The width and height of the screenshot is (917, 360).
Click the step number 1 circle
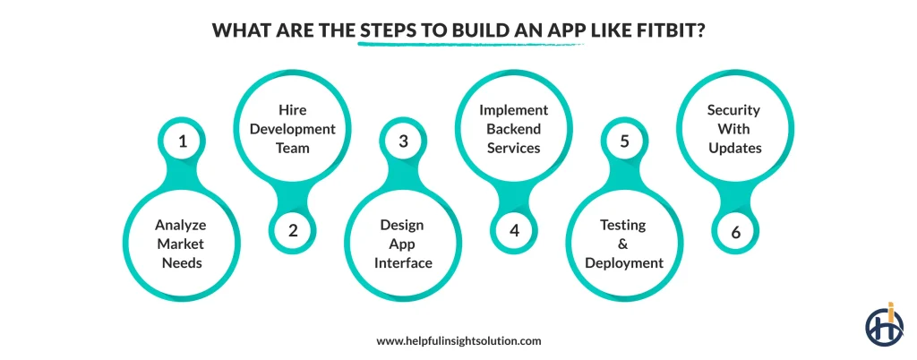click(183, 141)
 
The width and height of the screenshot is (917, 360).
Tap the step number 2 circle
click(293, 230)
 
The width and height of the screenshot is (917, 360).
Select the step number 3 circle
click(403, 141)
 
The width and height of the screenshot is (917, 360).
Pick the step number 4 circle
click(514, 230)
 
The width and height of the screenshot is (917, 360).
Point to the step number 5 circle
click(624, 141)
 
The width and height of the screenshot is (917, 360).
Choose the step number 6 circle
click(735, 230)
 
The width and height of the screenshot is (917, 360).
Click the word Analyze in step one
click(182, 225)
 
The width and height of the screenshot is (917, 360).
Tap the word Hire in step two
click(292, 111)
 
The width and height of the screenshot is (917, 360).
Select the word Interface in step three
click(402, 262)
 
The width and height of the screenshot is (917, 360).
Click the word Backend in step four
click(513, 129)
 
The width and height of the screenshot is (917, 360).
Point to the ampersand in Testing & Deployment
click(623, 244)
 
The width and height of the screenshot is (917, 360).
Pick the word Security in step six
click(733, 110)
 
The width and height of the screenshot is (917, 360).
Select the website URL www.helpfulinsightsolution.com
click(458, 340)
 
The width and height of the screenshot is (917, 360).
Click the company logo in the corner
click(884, 323)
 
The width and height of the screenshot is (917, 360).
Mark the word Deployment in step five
click(623, 262)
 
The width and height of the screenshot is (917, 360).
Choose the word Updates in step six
click(734, 148)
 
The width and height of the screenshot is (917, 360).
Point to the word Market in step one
click(182, 244)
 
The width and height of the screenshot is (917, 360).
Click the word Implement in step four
click(513, 110)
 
